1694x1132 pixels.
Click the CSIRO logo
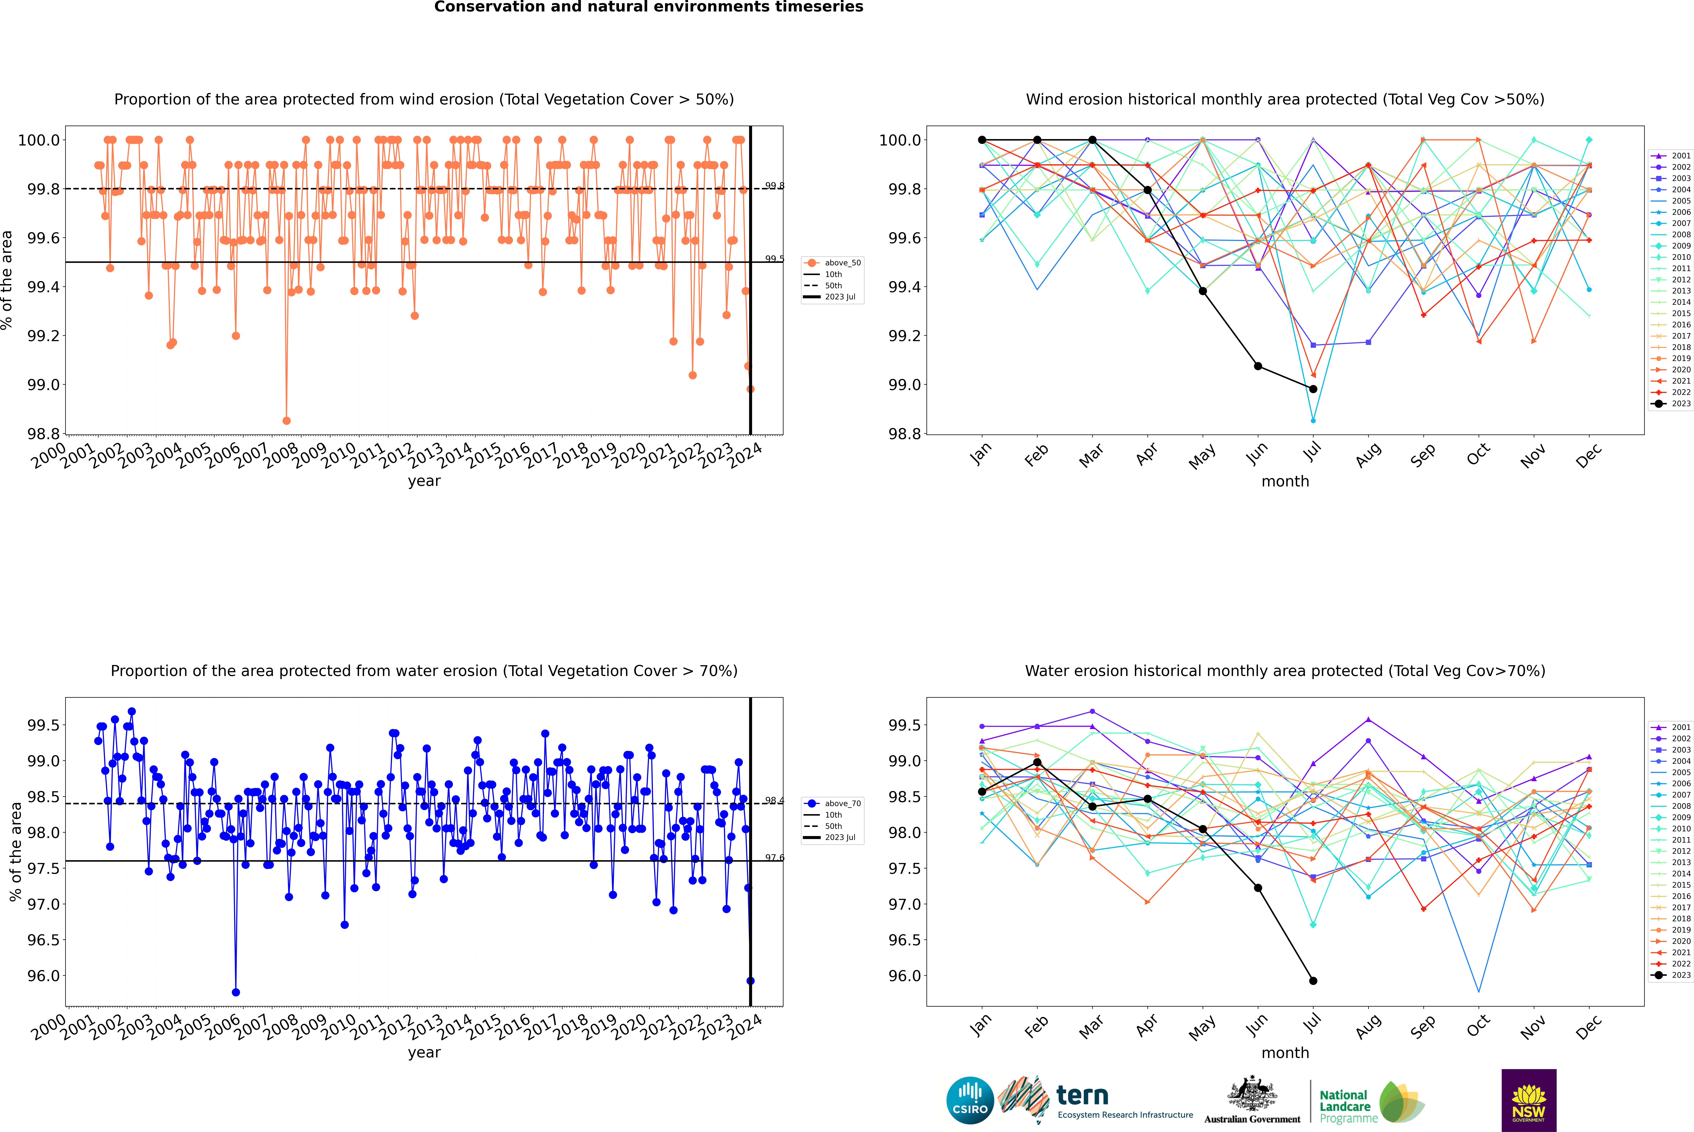point(970,1100)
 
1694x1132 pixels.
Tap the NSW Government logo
point(1529,1100)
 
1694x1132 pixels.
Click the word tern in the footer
point(1082,1095)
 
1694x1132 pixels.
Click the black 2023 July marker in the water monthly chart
point(1313,980)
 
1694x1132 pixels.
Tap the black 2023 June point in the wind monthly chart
point(1258,366)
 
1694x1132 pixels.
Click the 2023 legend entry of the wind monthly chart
point(1671,403)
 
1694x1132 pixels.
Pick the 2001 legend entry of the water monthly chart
point(1671,727)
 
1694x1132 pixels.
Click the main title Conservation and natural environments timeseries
point(648,7)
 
